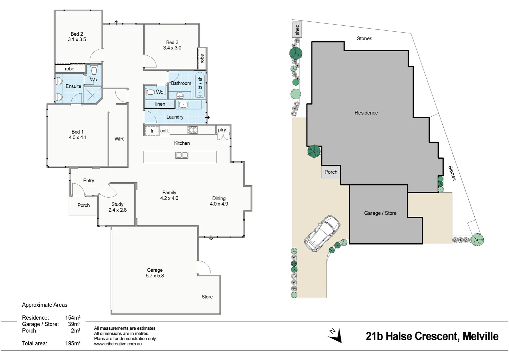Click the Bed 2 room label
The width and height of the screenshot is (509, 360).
pyautogui.click(x=77, y=34)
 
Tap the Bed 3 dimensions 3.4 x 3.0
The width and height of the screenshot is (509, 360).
pyautogui.click(x=172, y=48)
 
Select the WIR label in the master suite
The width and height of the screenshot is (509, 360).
pyautogui.click(x=119, y=139)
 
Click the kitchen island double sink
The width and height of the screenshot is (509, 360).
pyautogui.click(x=182, y=155)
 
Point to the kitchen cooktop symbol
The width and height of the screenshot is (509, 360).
pyautogui.click(x=193, y=130)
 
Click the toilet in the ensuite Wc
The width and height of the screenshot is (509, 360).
pyautogui.click(x=94, y=70)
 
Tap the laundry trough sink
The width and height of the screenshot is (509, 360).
pyautogui.click(x=183, y=105)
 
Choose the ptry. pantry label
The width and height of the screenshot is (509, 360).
pyautogui.click(x=222, y=130)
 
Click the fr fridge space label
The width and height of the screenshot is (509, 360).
pyautogui.click(x=152, y=131)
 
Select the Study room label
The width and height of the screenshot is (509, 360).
pyautogui.click(x=117, y=204)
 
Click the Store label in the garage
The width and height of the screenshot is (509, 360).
pyautogui.click(x=207, y=297)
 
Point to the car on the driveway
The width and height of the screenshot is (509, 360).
pyautogui.click(x=322, y=232)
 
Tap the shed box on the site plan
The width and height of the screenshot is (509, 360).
pyautogui.click(x=297, y=30)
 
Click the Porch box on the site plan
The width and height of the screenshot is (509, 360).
pyautogui.click(x=331, y=172)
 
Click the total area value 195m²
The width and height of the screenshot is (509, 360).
pyautogui.click(x=73, y=343)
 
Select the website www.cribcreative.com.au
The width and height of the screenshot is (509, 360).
pyautogui.click(x=118, y=344)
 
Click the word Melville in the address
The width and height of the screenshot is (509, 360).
pyautogui.click(x=480, y=336)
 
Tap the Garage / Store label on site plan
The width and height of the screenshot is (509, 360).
pyautogui.click(x=380, y=213)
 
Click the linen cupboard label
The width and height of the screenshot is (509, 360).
pyautogui.click(x=160, y=104)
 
